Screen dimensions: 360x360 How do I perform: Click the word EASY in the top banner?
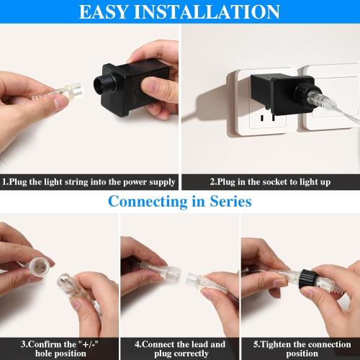pyautogui.click(x=109, y=12)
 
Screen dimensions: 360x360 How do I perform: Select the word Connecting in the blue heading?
pyautogui.click(x=150, y=201)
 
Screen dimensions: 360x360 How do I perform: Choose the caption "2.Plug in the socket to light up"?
pyautogui.click(x=269, y=181)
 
